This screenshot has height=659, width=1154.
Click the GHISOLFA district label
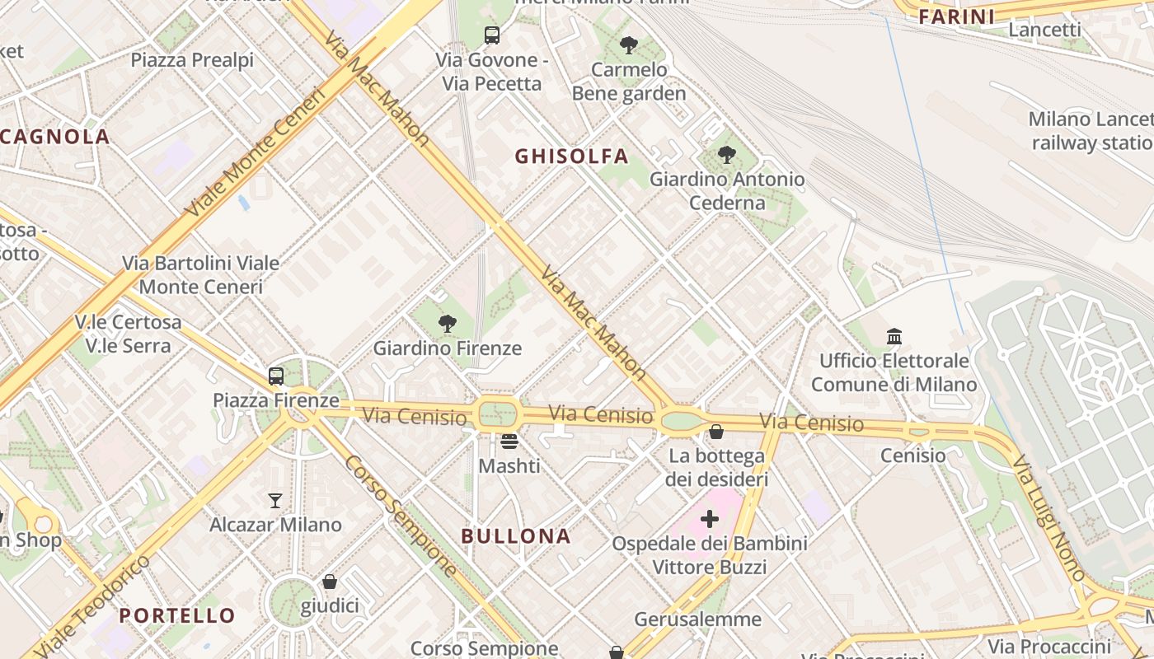point(571,157)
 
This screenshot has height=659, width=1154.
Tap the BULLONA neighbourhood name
point(516,536)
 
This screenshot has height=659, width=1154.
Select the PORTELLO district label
point(177,615)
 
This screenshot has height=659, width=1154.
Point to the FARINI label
point(956,16)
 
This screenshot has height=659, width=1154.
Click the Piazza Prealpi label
point(192,60)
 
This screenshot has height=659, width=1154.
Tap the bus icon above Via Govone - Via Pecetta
point(492,35)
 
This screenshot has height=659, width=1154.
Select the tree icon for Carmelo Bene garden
point(629,45)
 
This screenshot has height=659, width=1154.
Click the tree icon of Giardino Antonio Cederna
point(726,154)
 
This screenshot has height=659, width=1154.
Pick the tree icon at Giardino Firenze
point(448,324)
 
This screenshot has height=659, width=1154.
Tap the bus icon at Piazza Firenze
point(276,376)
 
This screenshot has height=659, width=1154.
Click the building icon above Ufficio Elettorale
point(894,336)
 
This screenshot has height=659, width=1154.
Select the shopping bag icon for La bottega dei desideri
point(716,432)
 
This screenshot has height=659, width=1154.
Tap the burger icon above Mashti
point(509,442)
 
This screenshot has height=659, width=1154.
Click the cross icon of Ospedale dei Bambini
point(710,519)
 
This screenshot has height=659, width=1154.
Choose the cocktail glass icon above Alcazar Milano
point(275,500)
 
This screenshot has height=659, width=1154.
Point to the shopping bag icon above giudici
point(330,582)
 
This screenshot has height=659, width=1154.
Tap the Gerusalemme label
point(697,619)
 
